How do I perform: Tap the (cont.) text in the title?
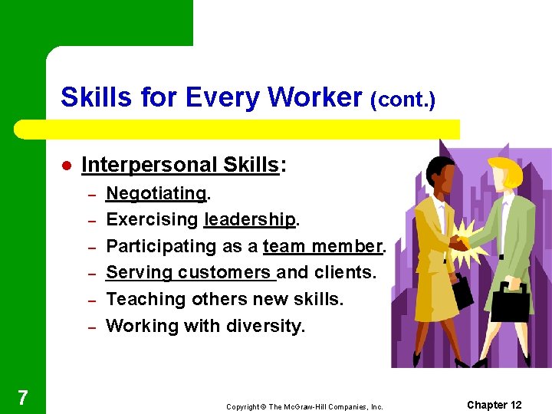coord(402,100)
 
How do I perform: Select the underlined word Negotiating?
coord(156,192)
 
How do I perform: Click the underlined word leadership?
coord(250,219)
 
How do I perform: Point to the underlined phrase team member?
coord(321,246)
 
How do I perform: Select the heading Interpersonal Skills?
coord(179,165)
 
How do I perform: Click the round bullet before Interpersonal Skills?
coord(67,166)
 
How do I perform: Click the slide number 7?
coord(23,397)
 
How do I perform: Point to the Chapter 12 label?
coord(494,405)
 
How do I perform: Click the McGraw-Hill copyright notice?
coord(304,406)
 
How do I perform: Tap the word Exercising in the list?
coord(152,219)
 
